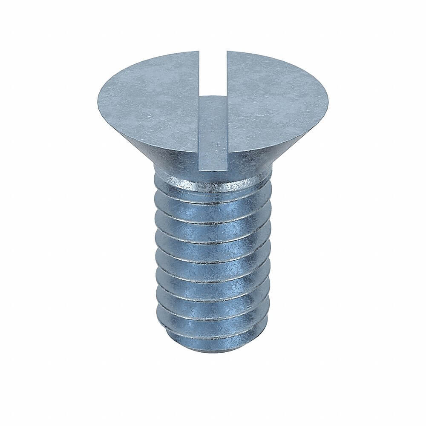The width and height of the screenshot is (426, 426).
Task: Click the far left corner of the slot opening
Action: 199,51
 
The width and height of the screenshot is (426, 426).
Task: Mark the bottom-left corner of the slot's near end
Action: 199,170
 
